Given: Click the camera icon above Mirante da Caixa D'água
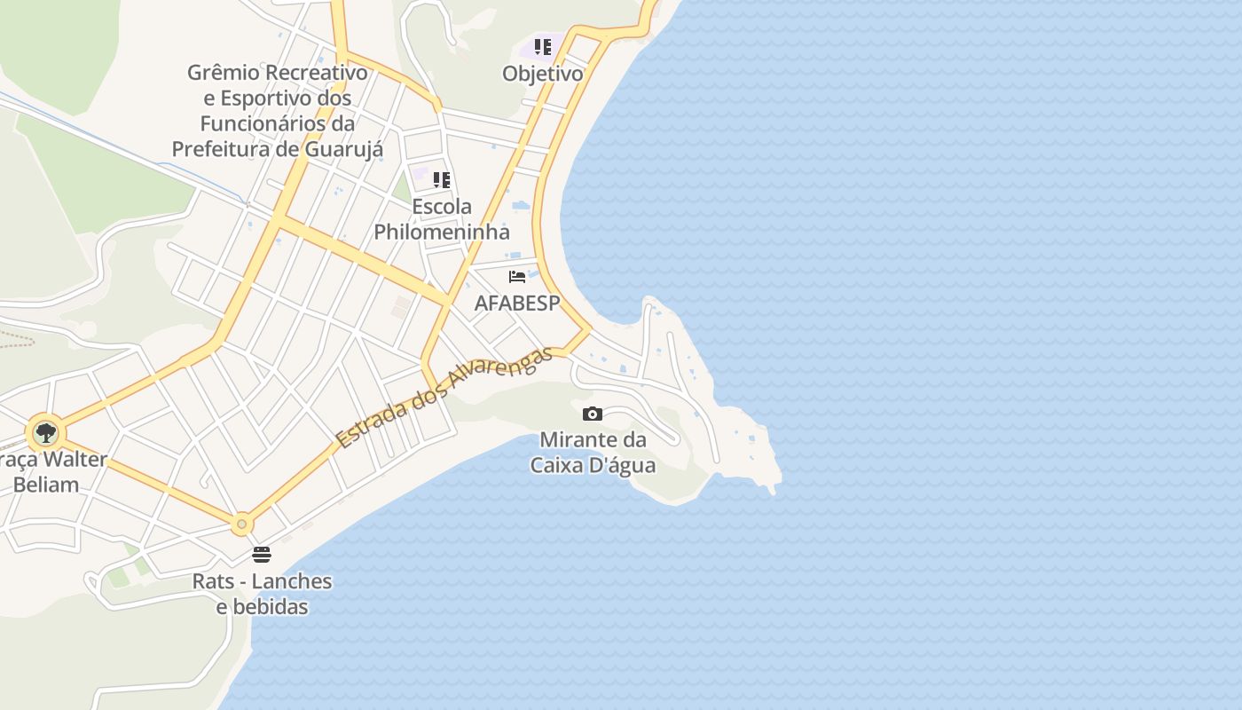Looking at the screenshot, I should click(593, 414).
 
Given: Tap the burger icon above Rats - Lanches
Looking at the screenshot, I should click(262, 555).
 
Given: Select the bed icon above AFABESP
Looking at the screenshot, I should click(517, 277).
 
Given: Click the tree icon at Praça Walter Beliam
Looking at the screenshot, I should click(45, 434).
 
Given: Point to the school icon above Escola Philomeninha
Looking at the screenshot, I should click(441, 180).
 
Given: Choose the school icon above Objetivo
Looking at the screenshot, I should click(542, 47).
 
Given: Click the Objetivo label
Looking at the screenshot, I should click(543, 74).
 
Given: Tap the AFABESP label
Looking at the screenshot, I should click(517, 304).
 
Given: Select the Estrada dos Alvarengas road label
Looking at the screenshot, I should click(444, 397).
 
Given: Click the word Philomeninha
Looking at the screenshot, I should click(442, 233).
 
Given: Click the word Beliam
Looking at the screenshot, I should click(46, 485).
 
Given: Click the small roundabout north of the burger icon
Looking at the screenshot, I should click(241, 525).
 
